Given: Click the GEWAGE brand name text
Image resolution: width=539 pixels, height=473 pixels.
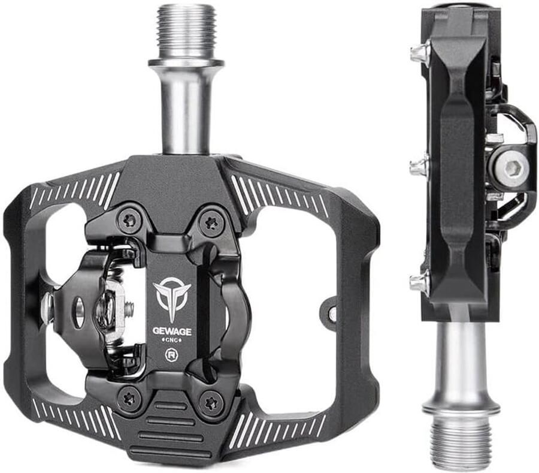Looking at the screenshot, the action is (172, 332).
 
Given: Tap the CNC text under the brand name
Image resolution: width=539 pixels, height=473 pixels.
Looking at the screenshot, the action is (172, 341).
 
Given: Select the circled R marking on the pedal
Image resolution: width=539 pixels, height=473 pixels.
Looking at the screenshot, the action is (171, 354).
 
